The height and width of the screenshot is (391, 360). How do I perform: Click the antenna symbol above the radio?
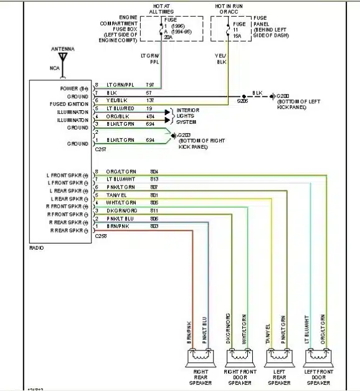62,59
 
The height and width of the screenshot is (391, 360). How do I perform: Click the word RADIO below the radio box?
37,248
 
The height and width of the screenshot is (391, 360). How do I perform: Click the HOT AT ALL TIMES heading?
161,8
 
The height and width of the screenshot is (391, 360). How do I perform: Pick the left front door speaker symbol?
316,357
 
